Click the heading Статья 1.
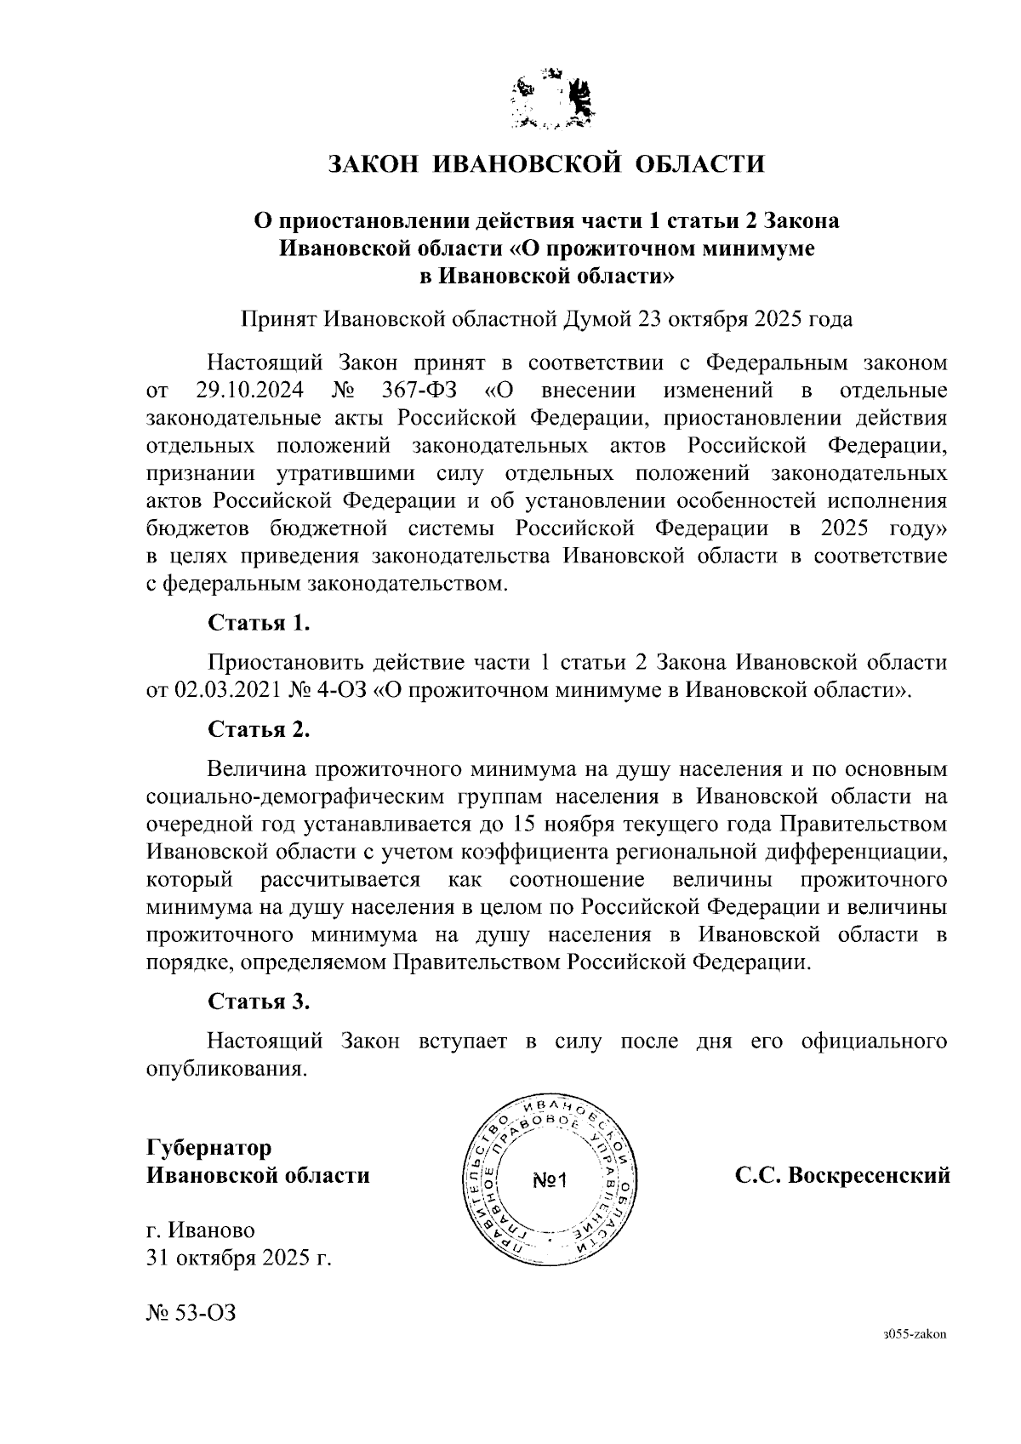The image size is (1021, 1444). (x=259, y=623)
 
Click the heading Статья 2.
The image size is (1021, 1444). (x=259, y=729)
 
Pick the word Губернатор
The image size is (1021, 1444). (x=209, y=1148)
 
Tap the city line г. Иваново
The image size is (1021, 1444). (x=201, y=1230)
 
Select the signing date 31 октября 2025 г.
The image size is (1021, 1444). (x=238, y=1259)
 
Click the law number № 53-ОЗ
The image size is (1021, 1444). (x=191, y=1312)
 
